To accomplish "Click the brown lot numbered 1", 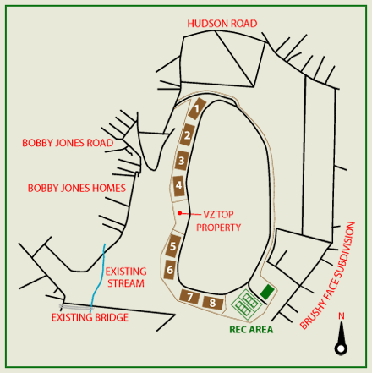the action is pyautogui.click(x=197, y=108).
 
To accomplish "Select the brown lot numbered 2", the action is pyautogui.click(x=187, y=135).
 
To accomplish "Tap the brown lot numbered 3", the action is pyautogui.click(x=181, y=161).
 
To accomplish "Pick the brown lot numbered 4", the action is pyautogui.click(x=179, y=186).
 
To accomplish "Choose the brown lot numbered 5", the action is pyautogui.click(x=172, y=246).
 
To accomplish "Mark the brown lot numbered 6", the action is pyautogui.click(x=170, y=270).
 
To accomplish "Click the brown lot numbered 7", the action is pyautogui.click(x=189, y=297).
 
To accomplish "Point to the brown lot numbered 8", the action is pyautogui.click(x=213, y=303).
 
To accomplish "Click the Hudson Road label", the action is pyautogui.click(x=222, y=24).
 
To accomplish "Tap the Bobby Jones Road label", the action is pyautogui.click(x=68, y=143).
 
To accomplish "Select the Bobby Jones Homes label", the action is pyautogui.click(x=77, y=188).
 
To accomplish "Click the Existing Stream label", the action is pyautogui.click(x=126, y=277).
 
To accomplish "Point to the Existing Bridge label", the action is pyautogui.click(x=90, y=317).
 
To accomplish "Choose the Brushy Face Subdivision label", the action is pyautogui.click(x=328, y=275).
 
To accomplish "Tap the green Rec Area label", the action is pyautogui.click(x=251, y=329).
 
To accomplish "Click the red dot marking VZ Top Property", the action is pyautogui.click(x=179, y=213).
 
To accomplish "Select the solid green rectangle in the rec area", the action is pyautogui.click(x=267, y=292).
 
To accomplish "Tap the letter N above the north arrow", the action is pyautogui.click(x=342, y=316).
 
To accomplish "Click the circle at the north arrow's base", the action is pyautogui.click(x=341, y=348).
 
